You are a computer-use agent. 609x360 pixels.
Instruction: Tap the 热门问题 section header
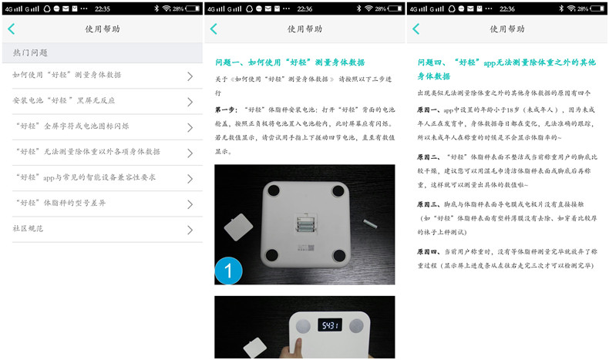tap(31, 53)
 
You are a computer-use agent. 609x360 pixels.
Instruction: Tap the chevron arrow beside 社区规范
tap(190, 229)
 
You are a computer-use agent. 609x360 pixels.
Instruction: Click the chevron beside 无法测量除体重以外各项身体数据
tap(190, 152)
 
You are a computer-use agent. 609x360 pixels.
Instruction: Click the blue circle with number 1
tap(229, 270)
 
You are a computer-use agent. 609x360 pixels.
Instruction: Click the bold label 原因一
tap(428, 110)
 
